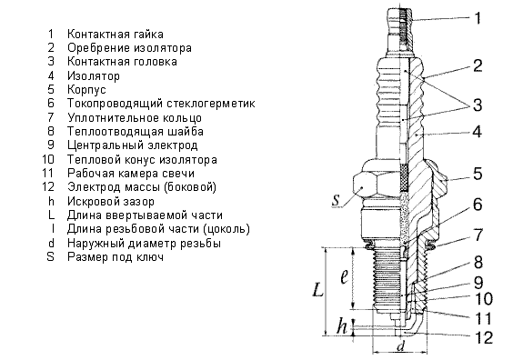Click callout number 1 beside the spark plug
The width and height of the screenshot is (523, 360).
coord(478,18)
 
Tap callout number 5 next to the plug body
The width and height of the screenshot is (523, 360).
coord(478,174)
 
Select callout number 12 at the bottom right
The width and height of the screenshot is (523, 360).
coord(483,337)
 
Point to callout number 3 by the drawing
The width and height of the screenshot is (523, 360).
coord(478,105)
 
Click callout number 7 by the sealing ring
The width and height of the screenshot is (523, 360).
coord(478,235)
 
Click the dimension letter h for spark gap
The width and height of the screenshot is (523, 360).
coord(342,325)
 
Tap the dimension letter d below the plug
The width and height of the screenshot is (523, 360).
coord(400,346)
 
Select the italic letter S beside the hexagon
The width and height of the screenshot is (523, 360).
coord(336,200)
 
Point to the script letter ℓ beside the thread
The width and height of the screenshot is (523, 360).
coord(344,275)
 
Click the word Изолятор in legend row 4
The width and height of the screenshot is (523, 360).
coord(94,76)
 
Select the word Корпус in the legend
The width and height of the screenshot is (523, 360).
coord(86,90)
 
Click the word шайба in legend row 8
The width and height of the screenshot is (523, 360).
coord(186,131)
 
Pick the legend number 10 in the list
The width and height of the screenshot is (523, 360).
coord(48,159)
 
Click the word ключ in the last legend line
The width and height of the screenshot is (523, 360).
coord(150,257)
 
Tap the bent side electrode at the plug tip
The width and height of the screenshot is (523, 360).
coord(414,325)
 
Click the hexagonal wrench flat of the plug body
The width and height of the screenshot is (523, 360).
coord(365,186)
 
